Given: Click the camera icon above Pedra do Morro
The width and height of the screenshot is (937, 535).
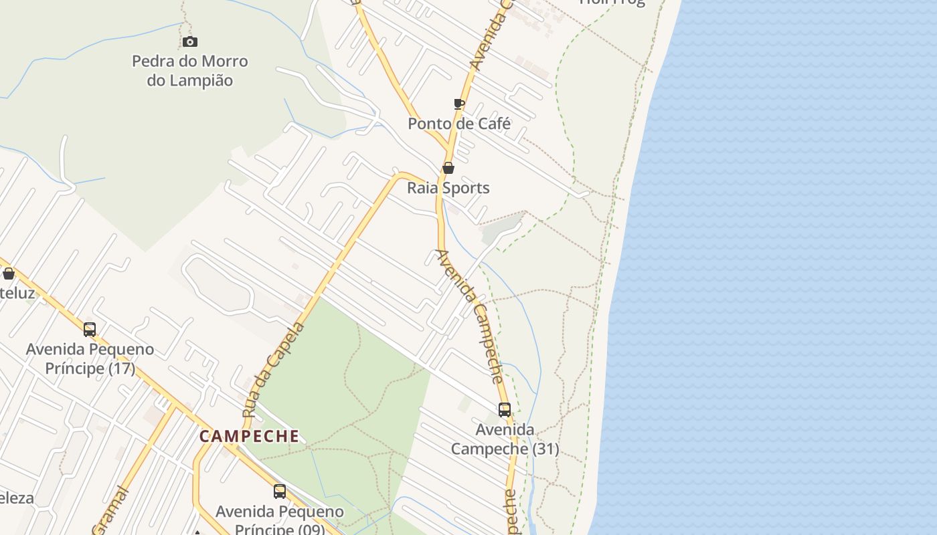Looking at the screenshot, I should (x=190, y=42).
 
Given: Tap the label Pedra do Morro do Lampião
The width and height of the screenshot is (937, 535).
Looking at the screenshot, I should (x=190, y=71).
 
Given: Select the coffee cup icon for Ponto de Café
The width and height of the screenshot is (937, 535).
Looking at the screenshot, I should (x=458, y=104).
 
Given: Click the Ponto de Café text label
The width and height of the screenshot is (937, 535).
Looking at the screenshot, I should (x=459, y=124).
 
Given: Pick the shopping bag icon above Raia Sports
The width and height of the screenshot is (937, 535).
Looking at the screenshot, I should (x=448, y=168).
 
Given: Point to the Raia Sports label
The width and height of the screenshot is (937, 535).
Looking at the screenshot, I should (x=448, y=188).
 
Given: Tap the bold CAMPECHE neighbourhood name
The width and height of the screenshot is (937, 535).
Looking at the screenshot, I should (x=250, y=437).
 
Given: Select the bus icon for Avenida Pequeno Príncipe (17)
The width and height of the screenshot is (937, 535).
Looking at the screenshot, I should (x=90, y=330).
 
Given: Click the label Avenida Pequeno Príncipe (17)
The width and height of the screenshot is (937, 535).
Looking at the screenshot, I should (x=90, y=358).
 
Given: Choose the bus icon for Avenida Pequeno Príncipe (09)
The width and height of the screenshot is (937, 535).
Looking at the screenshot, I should (x=280, y=492).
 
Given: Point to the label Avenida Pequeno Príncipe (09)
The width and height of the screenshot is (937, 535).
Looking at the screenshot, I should (x=280, y=520).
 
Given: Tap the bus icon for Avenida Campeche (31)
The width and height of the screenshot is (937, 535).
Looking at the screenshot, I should (x=505, y=410).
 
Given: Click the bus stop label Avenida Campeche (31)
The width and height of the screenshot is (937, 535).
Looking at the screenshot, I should (x=505, y=439).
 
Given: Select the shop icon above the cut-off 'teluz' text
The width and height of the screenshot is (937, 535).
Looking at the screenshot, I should (x=9, y=274).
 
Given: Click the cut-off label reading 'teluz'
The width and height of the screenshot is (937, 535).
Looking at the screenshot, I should (x=17, y=293).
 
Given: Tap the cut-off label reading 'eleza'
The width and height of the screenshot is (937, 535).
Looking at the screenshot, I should (x=17, y=498).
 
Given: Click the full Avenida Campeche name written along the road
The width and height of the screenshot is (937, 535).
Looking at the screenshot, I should (x=470, y=316).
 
